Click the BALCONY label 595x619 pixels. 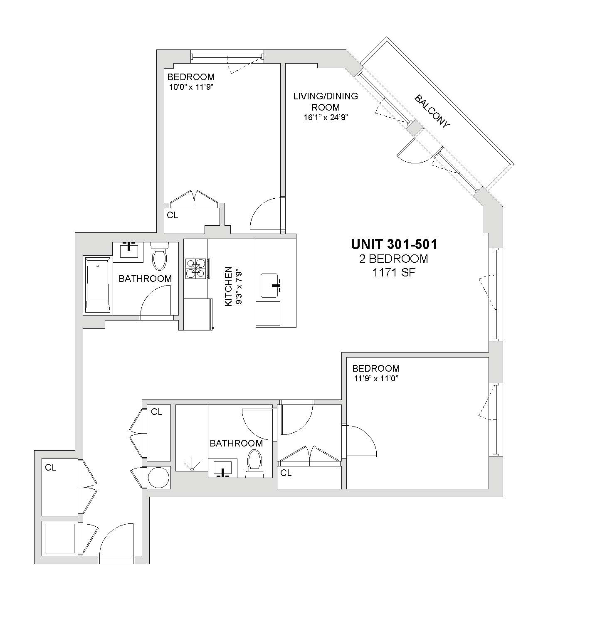coord(432,111)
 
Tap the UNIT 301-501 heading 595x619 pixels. coord(394,244)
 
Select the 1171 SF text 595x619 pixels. coord(394,273)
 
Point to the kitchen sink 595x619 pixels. coord(269,286)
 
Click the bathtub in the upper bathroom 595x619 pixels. coord(97,285)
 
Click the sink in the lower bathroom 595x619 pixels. coord(222,468)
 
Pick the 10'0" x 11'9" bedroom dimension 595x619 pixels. coord(190,87)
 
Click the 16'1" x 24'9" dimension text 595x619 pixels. coord(326,117)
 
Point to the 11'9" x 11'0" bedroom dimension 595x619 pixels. coord(376,379)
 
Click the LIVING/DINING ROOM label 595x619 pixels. coord(326,101)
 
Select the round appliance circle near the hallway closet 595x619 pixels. coord(159,478)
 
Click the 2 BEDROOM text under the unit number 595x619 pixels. coord(394,259)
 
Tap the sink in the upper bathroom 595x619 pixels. coord(129,251)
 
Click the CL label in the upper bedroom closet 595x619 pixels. coord(173,215)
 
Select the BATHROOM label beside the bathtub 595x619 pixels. coord(145,279)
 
